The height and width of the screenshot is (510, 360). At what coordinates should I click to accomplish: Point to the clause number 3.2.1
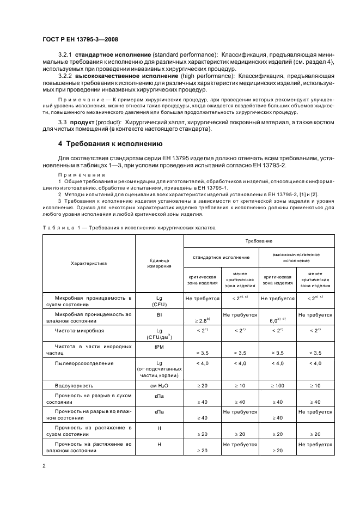click(x=65, y=55)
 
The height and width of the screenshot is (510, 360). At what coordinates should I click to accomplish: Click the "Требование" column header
click(x=259, y=240)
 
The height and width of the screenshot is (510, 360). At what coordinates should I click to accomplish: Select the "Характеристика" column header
click(x=89, y=263)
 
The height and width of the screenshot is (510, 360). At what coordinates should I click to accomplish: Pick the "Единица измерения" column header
click(x=160, y=263)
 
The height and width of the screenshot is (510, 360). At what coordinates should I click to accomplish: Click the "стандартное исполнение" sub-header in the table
click(x=221, y=256)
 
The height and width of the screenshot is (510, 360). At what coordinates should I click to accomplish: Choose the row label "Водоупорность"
click(x=78, y=385)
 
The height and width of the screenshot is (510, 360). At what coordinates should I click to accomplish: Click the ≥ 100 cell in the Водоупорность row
click(x=277, y=385)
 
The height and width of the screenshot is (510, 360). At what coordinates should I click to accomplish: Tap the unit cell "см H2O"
click(x=160, y=385)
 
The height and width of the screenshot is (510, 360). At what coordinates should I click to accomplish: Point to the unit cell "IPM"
click(x=160, y=346)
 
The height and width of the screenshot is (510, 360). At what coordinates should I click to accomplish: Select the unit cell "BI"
click(x=160, y=314)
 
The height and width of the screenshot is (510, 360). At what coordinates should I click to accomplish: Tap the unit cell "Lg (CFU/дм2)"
click(x=160, y=333)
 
